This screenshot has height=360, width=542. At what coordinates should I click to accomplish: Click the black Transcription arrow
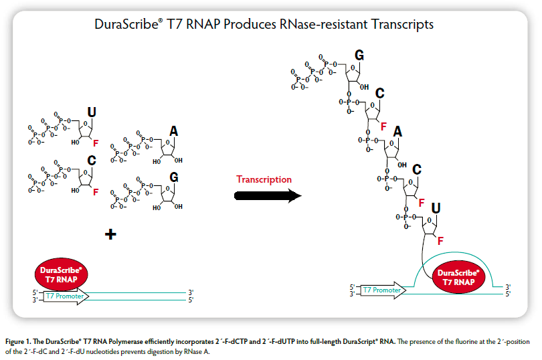tap(266, 196)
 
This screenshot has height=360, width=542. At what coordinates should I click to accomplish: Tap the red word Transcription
tap(264, 179)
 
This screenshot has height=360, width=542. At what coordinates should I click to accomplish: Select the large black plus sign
tap(110, 234)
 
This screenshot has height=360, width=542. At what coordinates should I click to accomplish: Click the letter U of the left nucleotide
tap(92, 111)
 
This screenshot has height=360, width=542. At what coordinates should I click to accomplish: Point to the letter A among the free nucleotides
tap(173, 131)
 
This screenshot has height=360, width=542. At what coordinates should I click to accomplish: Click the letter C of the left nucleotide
tap(92, 161)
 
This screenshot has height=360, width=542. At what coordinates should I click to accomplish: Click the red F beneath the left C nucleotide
tap(96, 192)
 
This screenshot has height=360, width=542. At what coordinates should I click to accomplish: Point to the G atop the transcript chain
tap(359, 56)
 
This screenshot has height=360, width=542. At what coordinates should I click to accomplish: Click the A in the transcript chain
tap(397, 131)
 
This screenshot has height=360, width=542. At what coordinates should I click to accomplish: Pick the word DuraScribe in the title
tap(131, 25)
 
